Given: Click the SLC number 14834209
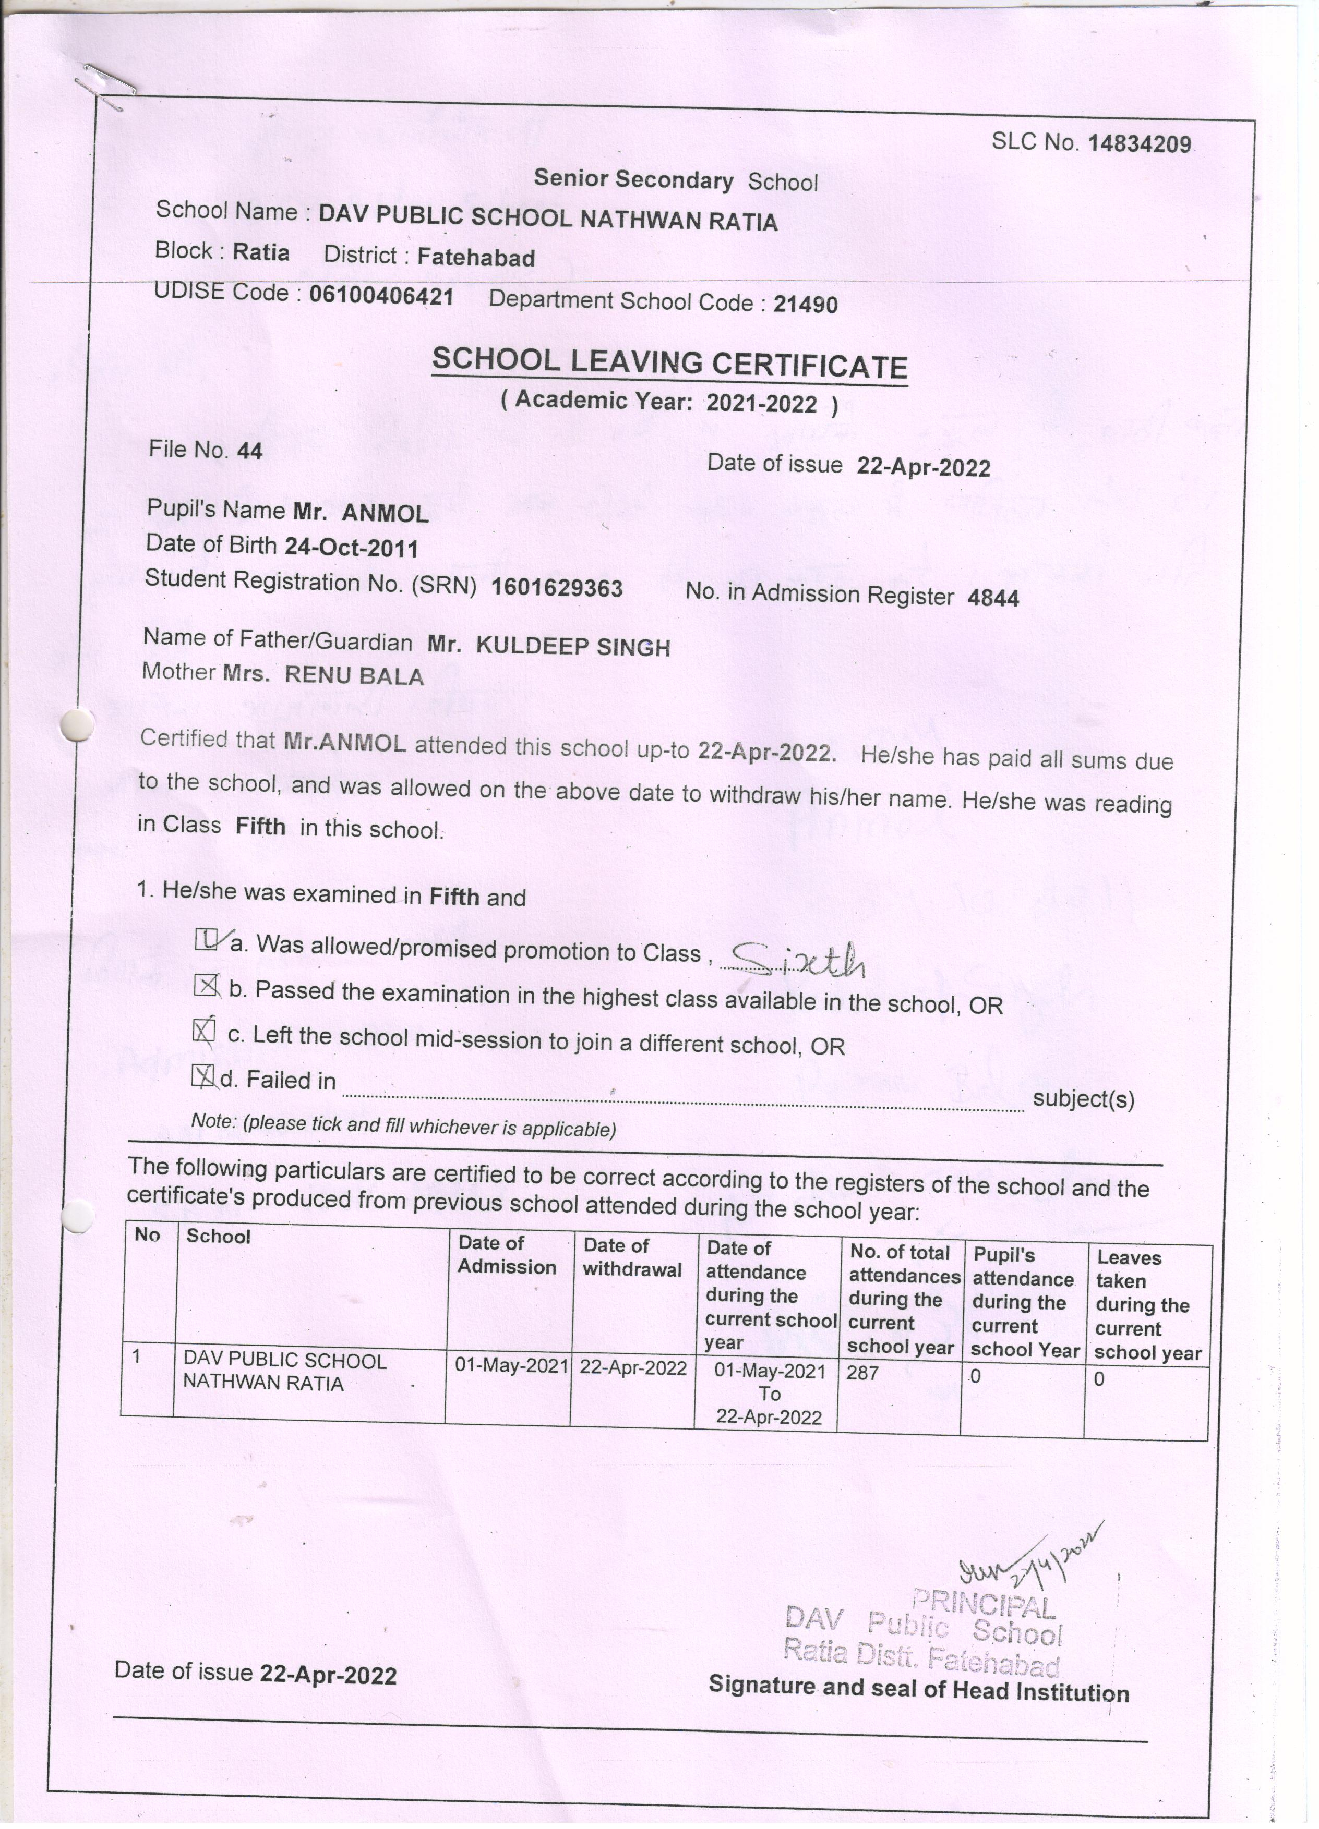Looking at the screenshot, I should tap(1138, 144).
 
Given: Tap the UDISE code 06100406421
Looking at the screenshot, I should tap(381, 296).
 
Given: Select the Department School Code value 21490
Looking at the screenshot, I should tap(805, 304).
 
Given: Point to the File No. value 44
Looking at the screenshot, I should tap(249, 451).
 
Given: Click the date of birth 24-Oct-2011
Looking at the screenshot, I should tap(351, 548).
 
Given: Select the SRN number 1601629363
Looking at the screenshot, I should tap(557, 587).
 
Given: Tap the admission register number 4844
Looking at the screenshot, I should tap(992, 598).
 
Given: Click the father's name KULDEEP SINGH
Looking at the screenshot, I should tap(573, 646).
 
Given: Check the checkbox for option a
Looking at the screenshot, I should tap(206, 939).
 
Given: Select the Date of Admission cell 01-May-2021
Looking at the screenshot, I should tap(511, 1365).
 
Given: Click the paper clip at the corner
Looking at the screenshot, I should tap(105, 84).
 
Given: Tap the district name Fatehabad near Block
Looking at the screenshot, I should tap(476, 257).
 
